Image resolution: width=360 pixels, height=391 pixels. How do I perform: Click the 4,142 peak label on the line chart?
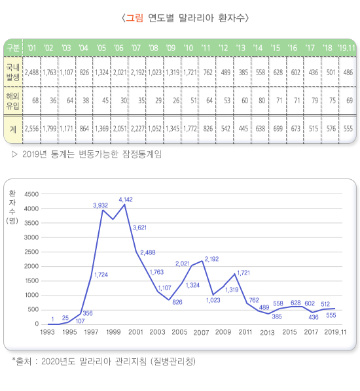[x=126, y=199]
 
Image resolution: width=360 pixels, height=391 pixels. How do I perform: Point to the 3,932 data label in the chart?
[x=99, y=205]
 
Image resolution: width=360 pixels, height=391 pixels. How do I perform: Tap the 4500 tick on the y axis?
[x=31, y=194]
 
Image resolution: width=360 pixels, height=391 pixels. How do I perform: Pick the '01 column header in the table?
[x=31, y=48]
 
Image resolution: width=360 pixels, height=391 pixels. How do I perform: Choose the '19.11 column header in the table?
[x=346, y=48]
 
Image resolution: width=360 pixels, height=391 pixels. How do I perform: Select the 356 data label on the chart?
[x=88, y=314]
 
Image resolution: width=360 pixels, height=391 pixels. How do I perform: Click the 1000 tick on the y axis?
[x=31, y=295]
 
